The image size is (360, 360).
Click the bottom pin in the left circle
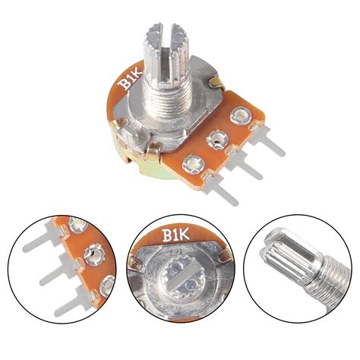72,305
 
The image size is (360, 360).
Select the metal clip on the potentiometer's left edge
118,122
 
